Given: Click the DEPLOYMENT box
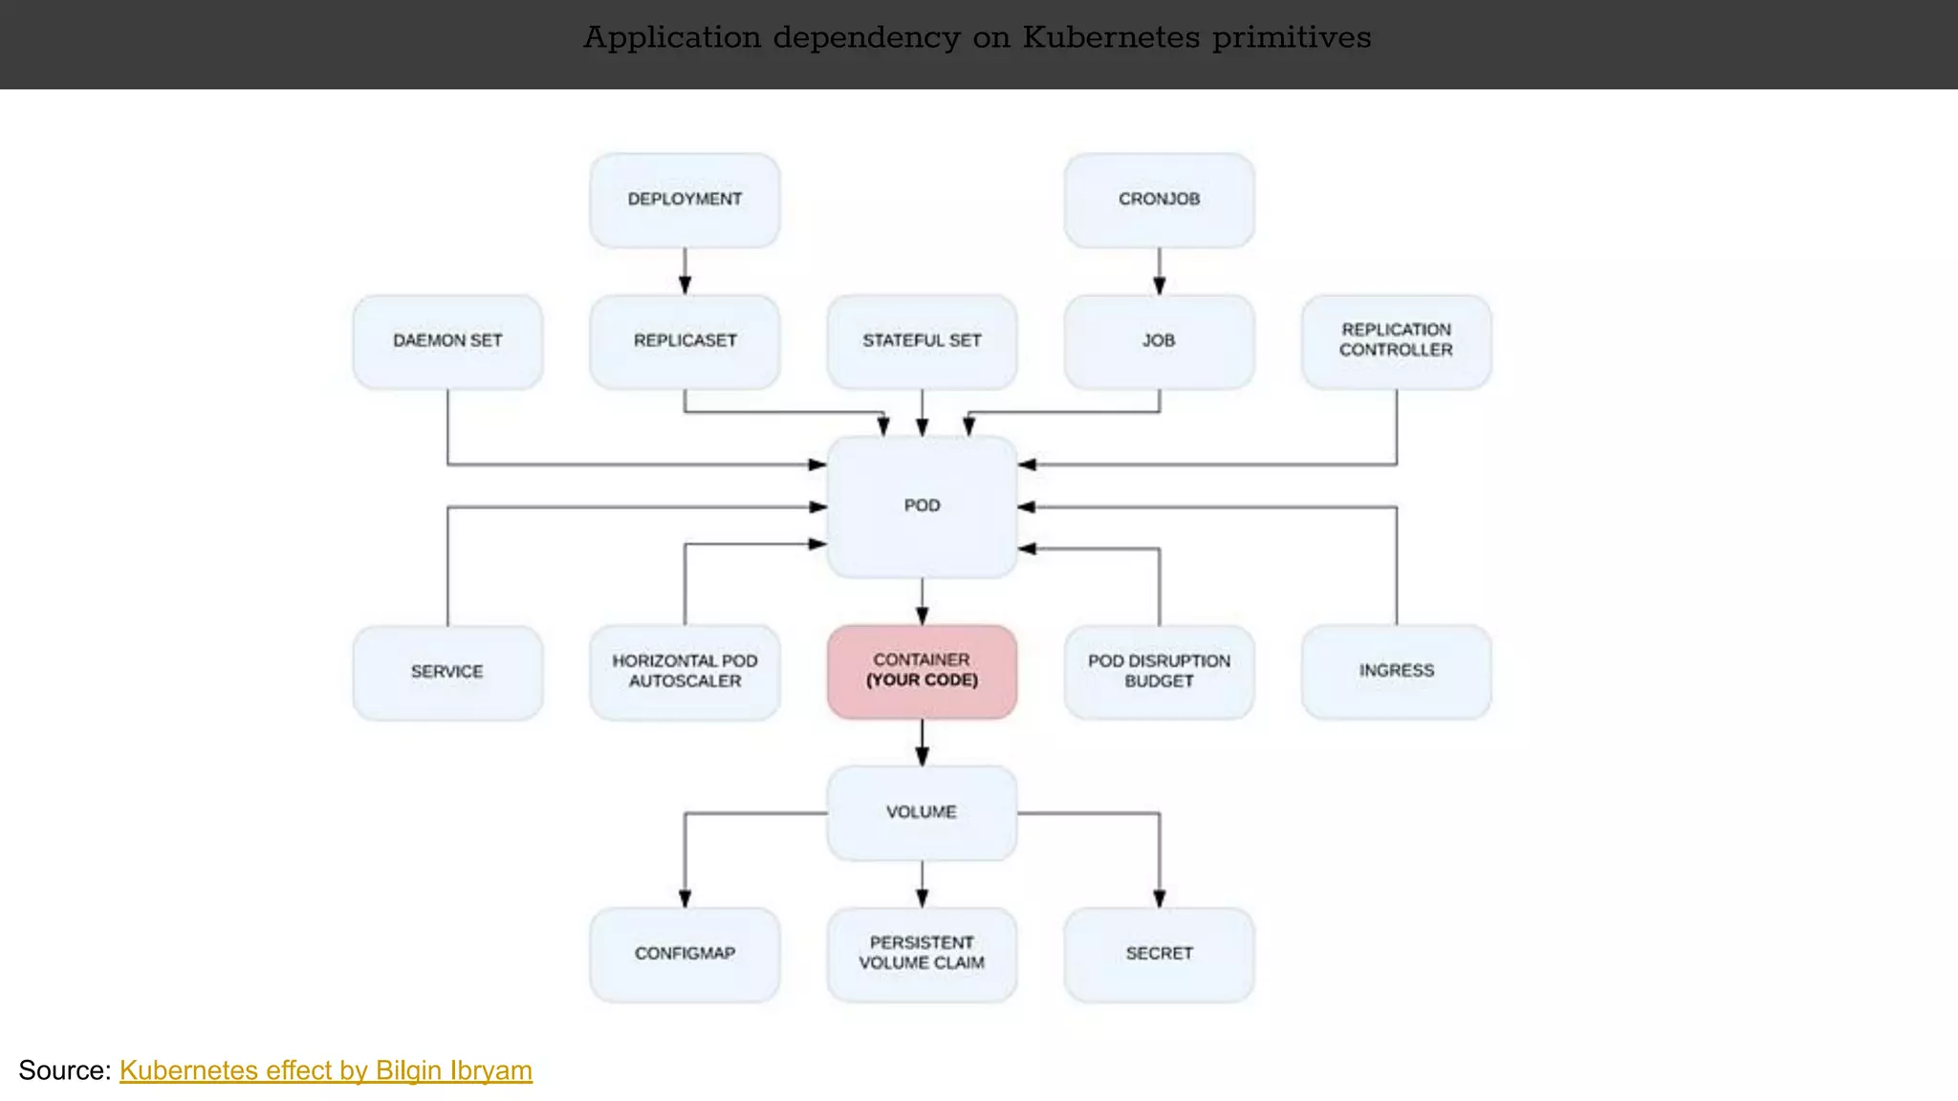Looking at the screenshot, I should click(x=685, y=200).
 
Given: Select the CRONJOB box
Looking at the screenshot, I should click(x=1159, y=200).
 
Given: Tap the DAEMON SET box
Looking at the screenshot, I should click(x=447, y=341).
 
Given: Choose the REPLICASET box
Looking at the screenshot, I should click(x=685, y=341).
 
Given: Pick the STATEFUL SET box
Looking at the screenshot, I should click(x=922, y=341).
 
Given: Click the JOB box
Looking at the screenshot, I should click(x=1159, y=341).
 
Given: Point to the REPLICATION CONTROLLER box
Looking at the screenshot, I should click(x=1396, y=341).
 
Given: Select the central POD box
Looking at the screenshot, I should click(x=922, y=507).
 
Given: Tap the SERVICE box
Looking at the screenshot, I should click(x=447, y=672).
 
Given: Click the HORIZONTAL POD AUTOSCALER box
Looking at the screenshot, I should click(x=685, y=672).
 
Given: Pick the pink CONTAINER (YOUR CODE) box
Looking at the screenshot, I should click(x=922, y=671).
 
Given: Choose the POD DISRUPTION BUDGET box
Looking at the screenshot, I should click(x=1159, y=672).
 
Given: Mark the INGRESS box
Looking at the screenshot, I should click(x=1396, y=671).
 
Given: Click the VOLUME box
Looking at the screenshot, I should click(x=922, y=812).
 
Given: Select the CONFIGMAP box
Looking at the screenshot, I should click(x=685, y=954).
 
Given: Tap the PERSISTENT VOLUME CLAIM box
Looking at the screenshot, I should click(x=922, y=954).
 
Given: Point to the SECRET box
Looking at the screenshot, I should click(x=1159, y=954).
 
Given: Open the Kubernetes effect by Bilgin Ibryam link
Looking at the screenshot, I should click(x=325, y=1070).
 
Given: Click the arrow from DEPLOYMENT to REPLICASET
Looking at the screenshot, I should click(x=685, y=270).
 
